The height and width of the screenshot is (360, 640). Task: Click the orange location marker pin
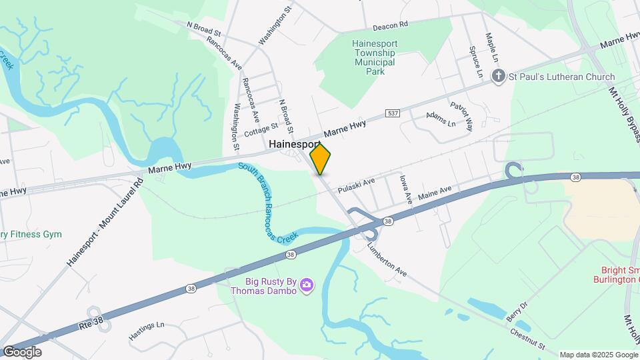(321, 159)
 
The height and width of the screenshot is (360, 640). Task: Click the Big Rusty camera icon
(307, 285)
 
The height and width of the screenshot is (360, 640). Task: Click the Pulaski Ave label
(357, 184)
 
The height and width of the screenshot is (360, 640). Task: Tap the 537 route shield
(393, 114)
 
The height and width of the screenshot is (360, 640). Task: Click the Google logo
(21, 351)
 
